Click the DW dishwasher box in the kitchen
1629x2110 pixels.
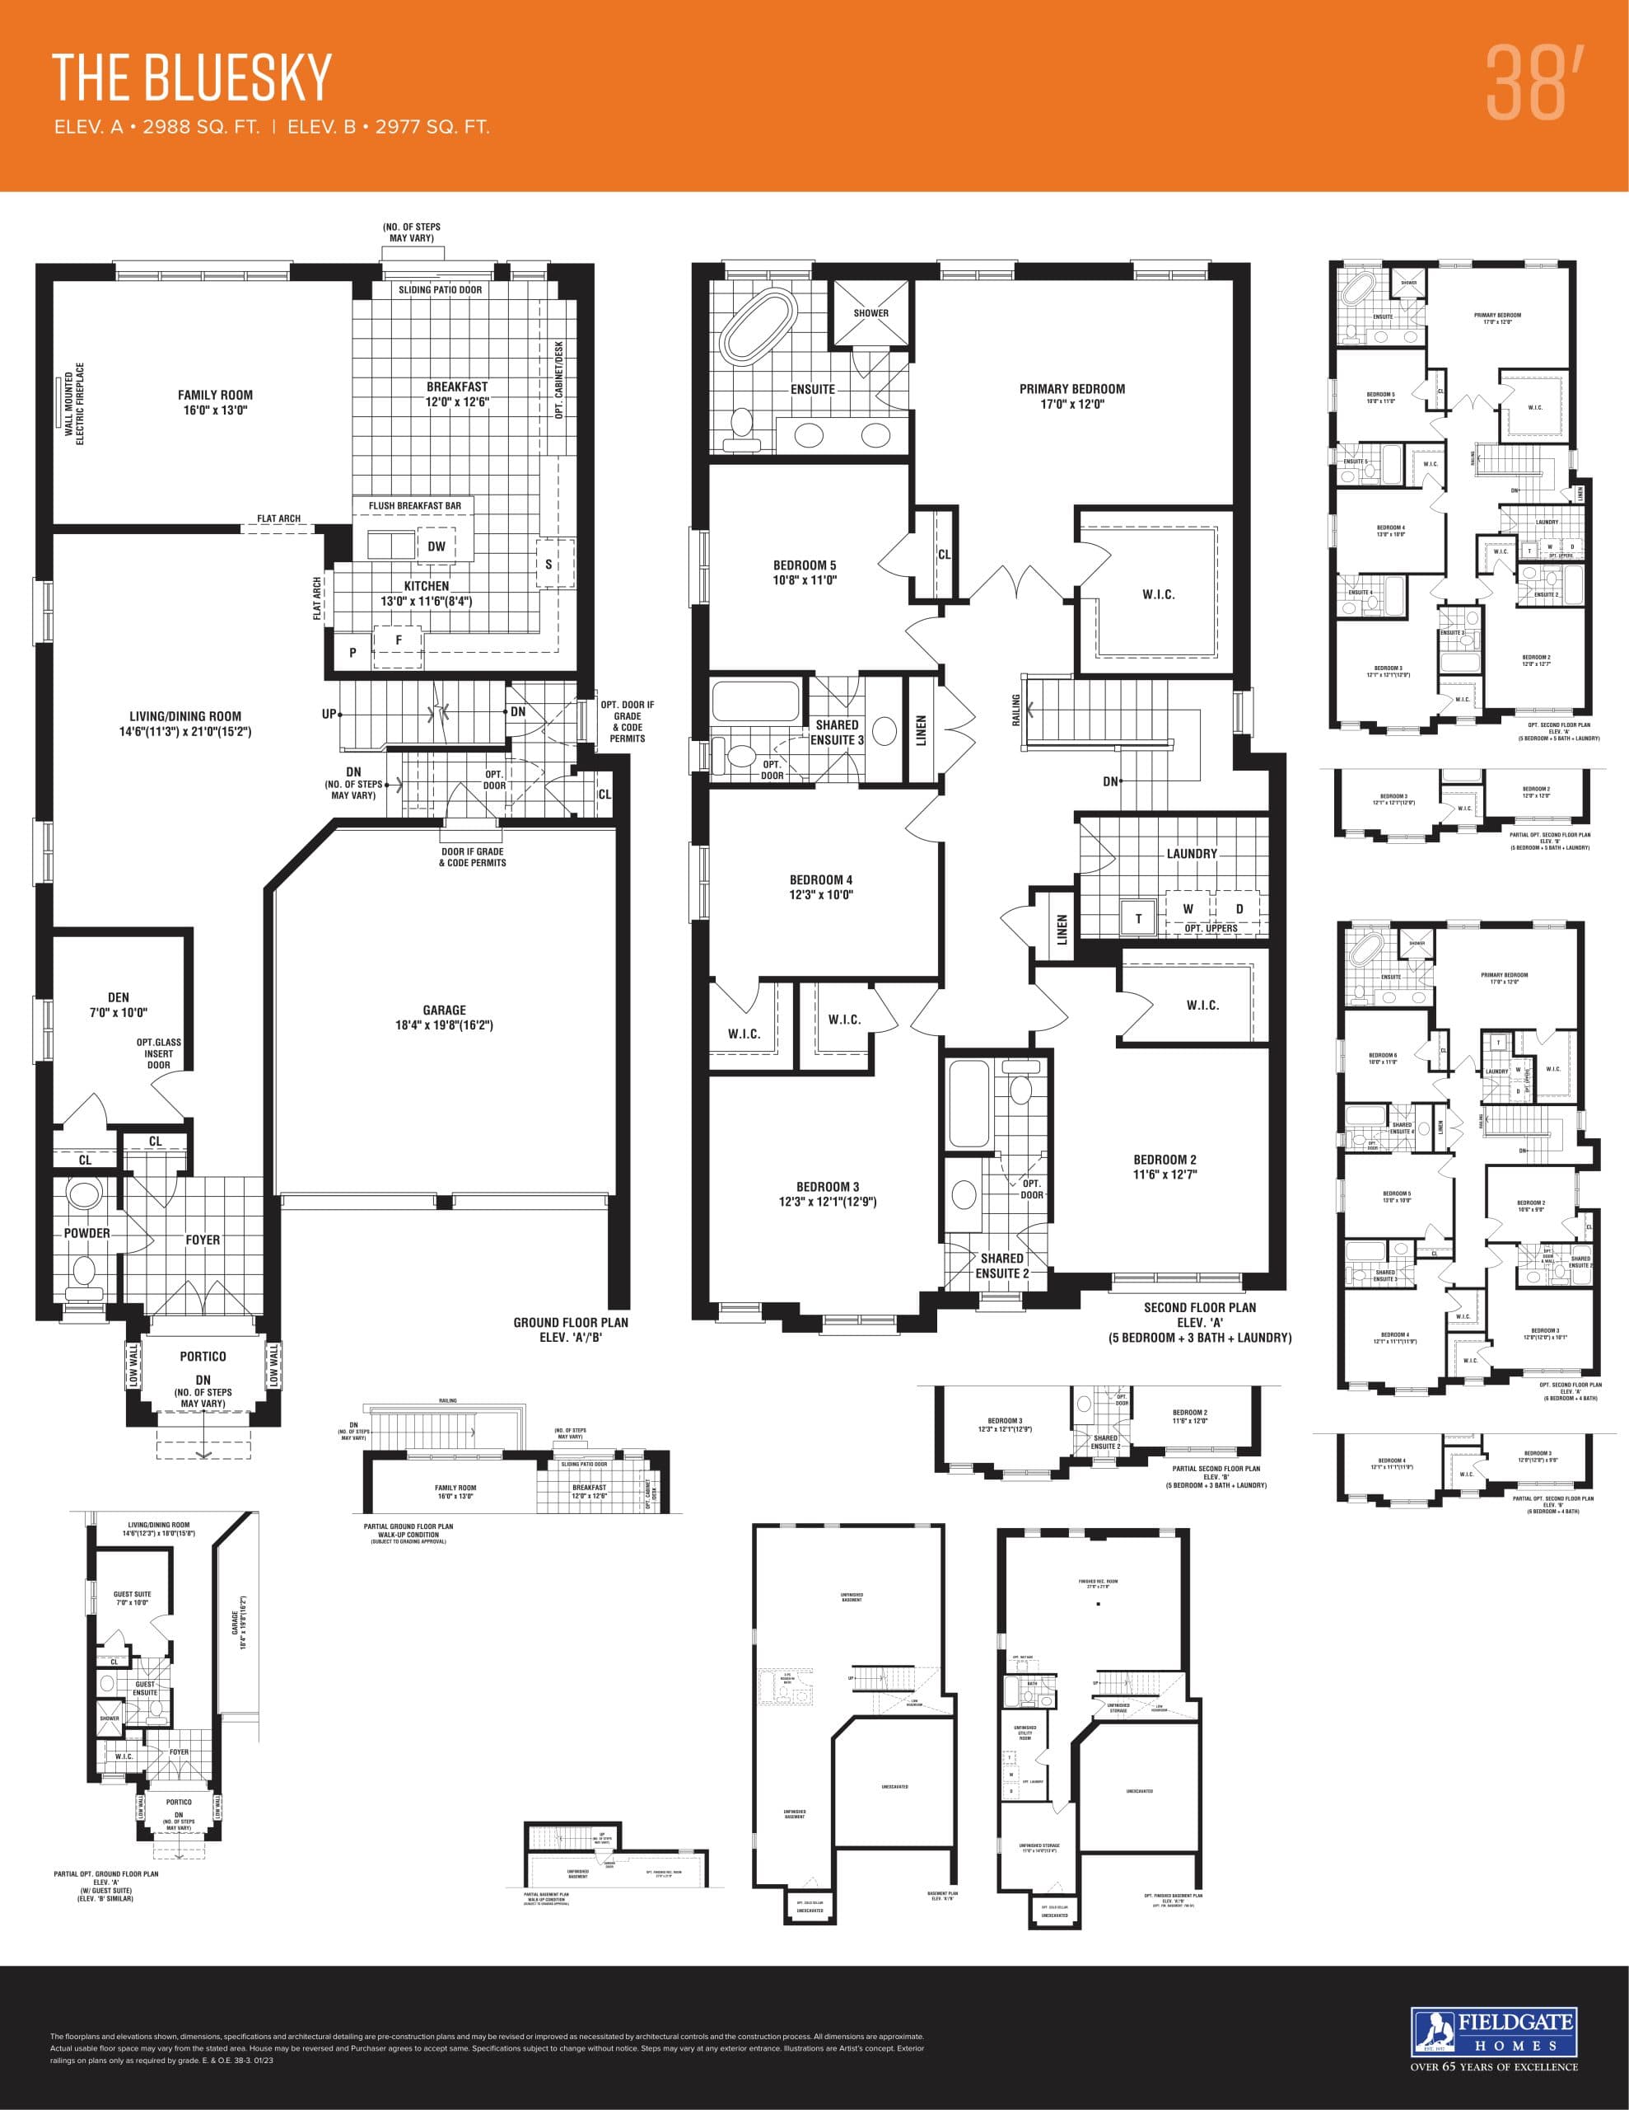[x=436, y=546]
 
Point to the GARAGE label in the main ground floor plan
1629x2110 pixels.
[x=444, y=1010]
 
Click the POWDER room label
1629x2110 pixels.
[x=87, y=1233]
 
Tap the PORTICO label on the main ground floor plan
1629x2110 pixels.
[x=203, y=1357]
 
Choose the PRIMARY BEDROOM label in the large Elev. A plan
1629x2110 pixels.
[x=1071, y=389]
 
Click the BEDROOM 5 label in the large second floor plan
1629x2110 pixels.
[x=805, y=565]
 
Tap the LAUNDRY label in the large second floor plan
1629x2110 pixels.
[x=1192, y=854]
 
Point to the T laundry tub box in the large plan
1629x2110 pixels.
[x=1138, y=919]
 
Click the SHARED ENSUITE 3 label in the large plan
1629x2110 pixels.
[x=836, y=731]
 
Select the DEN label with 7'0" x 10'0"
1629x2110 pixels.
[x=118, y=997]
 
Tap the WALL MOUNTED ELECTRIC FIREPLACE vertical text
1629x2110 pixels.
[x=74, y=404]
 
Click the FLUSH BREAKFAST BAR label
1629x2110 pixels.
[x=414, y=505]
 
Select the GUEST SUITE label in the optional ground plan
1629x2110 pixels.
[x=133, y=1595]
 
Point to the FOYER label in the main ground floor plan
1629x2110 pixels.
[x=203, y=1240]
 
